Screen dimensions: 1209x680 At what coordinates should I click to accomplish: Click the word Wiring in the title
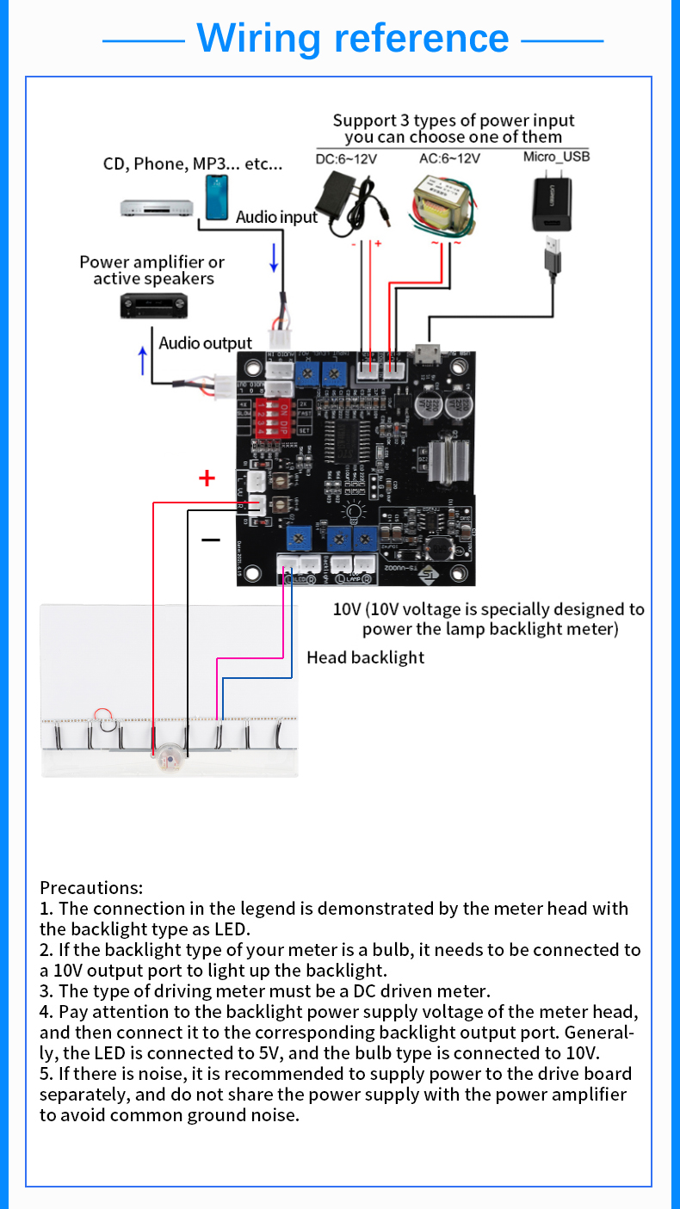(x=258, y=38)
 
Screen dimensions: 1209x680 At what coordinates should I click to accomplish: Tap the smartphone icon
(x=218, y=197)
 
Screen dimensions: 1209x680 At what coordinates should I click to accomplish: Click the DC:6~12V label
(x=346, y=159)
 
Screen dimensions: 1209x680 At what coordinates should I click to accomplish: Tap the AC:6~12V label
(x=448, y=158)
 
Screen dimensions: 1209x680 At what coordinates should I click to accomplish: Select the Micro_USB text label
(x=556, y=157)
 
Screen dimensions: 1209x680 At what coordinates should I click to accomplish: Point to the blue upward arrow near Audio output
(x=143, y=360)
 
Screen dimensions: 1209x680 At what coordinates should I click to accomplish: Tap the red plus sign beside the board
(x=207, y=478)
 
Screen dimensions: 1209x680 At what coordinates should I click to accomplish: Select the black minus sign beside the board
(x=211, y=540)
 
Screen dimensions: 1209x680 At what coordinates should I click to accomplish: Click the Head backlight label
(x=366, y=657)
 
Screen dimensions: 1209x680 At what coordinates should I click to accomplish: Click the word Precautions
(x=91, y=887)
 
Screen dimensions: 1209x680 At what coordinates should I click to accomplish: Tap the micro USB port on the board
(x=425, y=353)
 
